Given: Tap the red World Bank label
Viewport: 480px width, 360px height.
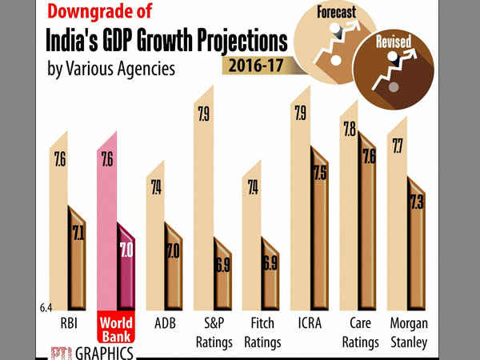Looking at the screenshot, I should (x=117, y=333).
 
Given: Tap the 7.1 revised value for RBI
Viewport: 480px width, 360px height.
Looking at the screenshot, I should (x=78, y=234).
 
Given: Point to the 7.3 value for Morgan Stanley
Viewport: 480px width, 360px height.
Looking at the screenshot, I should (x=416, y=204).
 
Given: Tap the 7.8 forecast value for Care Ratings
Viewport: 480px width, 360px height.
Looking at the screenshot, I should (x=349, y=130).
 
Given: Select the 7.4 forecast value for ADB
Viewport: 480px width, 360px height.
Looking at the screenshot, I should (x=154, y=189).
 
